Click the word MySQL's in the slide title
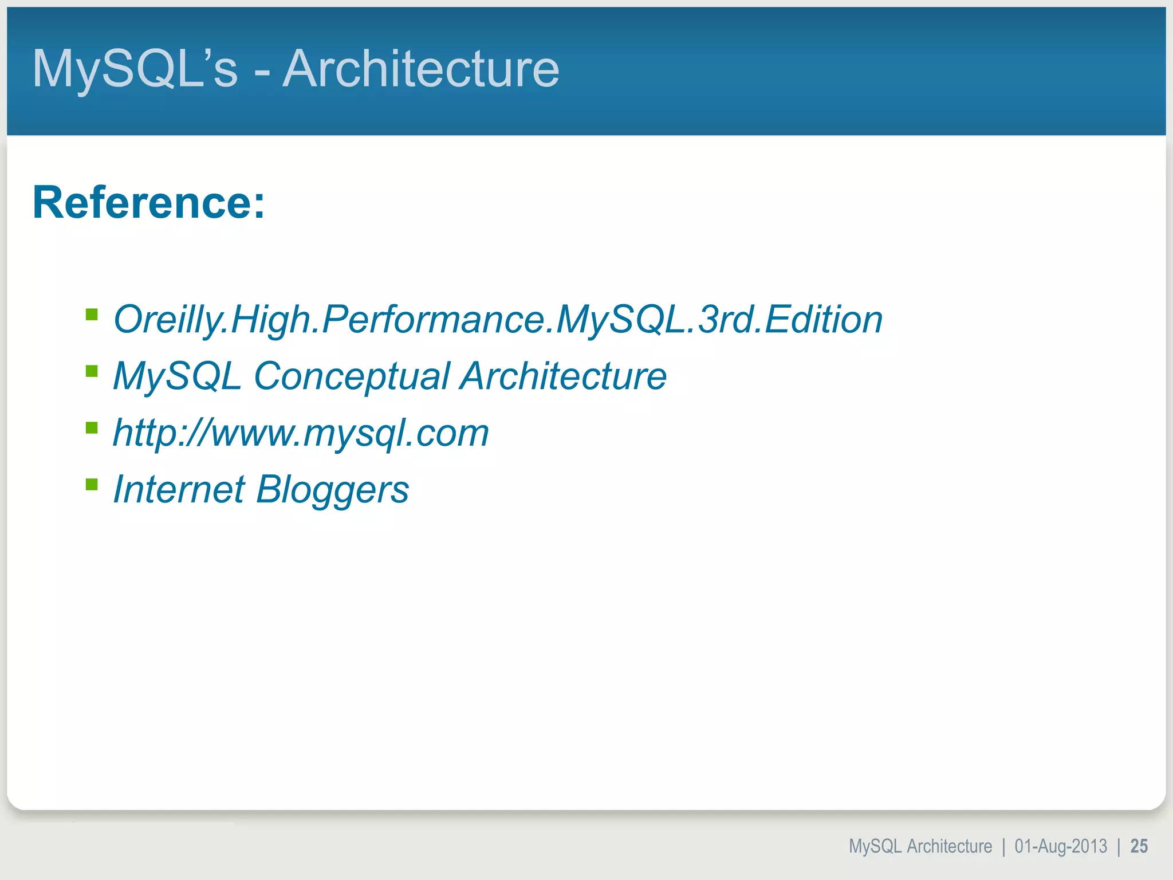135,69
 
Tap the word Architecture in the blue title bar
421,69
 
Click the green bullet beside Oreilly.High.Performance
92,315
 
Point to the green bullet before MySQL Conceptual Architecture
92,371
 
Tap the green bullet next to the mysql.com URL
92,428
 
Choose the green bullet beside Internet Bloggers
92,485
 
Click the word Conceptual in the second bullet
352,376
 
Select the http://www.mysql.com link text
301,433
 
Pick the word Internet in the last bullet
179,489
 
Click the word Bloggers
332,490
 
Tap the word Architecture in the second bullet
564,376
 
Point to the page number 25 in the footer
1139,846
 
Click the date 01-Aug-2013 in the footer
1061,846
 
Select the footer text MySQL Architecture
920,846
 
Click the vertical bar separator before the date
1003,847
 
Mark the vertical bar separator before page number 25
1119,847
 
